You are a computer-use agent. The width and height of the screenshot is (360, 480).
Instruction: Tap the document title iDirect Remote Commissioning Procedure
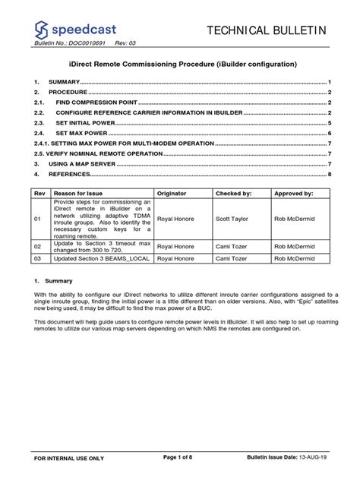point(179,65)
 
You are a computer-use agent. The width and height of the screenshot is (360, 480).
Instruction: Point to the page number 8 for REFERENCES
point(330,174)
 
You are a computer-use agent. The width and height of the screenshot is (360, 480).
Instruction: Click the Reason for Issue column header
point(77,194)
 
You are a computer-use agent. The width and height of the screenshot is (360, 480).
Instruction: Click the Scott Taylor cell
point(232,219)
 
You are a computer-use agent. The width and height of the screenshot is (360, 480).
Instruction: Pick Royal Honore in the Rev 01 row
point(175,219)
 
